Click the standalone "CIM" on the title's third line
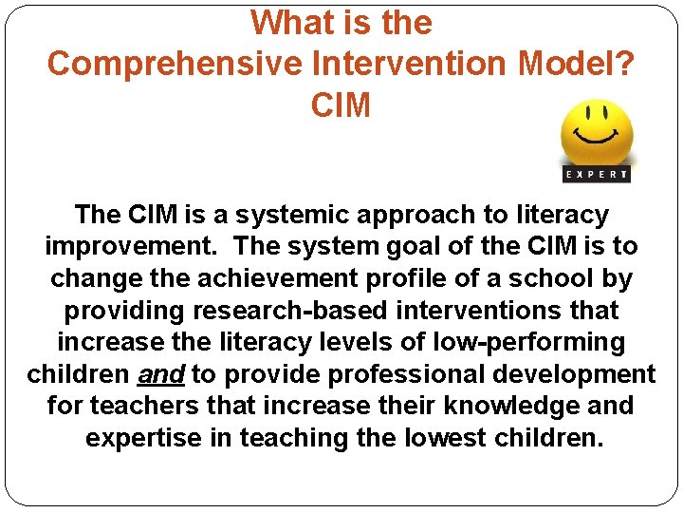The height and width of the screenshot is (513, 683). [341, 105]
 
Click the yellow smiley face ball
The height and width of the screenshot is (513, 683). [597, 132]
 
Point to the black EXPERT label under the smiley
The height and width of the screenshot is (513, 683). [597, 174]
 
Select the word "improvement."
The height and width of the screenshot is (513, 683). [133, 246]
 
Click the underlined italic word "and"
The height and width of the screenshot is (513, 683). [161, 374]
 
